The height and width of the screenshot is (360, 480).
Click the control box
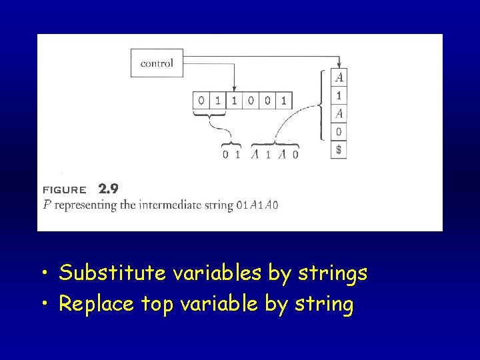click(x=157, y=63)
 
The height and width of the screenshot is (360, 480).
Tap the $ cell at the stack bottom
click(x=339, y=150)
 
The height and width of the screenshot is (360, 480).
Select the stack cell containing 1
click(x=339, y=95)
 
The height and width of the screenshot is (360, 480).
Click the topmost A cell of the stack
click(x=339, y=77)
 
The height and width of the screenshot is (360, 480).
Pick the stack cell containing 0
click(x=339, y=131)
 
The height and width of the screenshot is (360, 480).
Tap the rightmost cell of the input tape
click(x=284, y=101)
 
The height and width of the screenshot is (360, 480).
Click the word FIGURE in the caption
click(x=64, y=189)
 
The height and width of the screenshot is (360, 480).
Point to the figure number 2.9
click(x=108, y=189)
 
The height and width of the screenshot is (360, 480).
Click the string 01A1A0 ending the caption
click(x=257, y=205)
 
